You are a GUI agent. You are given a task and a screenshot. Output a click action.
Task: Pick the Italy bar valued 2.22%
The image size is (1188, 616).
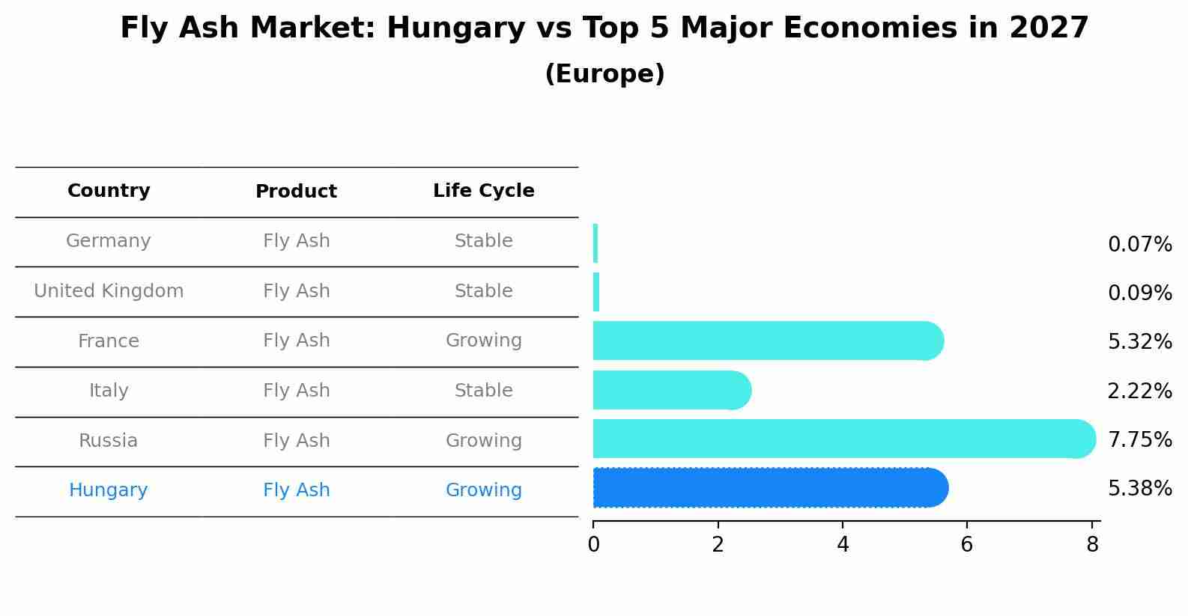point(671,390)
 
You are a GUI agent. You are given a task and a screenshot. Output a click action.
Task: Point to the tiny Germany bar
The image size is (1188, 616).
point(595,243)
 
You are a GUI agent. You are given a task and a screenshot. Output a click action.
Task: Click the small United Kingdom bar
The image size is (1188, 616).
point(596,292)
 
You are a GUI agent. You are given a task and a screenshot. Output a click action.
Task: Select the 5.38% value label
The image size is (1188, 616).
point(1139,489)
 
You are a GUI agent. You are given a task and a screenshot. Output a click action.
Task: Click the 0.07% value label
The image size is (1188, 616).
point(1139,245)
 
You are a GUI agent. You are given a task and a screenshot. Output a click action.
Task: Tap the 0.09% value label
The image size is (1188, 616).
point(1139,293)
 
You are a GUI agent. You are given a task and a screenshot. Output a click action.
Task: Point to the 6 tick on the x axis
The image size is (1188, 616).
point(967,545)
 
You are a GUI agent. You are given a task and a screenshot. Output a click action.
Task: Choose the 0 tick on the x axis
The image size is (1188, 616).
point(594,545)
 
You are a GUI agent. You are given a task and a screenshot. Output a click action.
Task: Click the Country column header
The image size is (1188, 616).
point(109,191)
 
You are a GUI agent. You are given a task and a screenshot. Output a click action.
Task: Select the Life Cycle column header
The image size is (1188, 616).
point(483,191)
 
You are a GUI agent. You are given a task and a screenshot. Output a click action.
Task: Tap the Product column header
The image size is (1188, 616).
point(296,192)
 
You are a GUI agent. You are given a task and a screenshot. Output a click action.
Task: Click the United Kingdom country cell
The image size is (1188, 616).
point(109,291)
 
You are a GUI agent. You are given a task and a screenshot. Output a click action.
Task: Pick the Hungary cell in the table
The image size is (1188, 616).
point(109,490)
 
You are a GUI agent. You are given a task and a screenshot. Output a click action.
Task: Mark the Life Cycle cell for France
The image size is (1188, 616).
point(483,341)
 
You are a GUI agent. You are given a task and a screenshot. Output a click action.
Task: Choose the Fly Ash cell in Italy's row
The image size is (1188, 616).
point(296,391)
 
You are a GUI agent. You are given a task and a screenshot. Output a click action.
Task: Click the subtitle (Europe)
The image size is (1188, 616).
point(604,74)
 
